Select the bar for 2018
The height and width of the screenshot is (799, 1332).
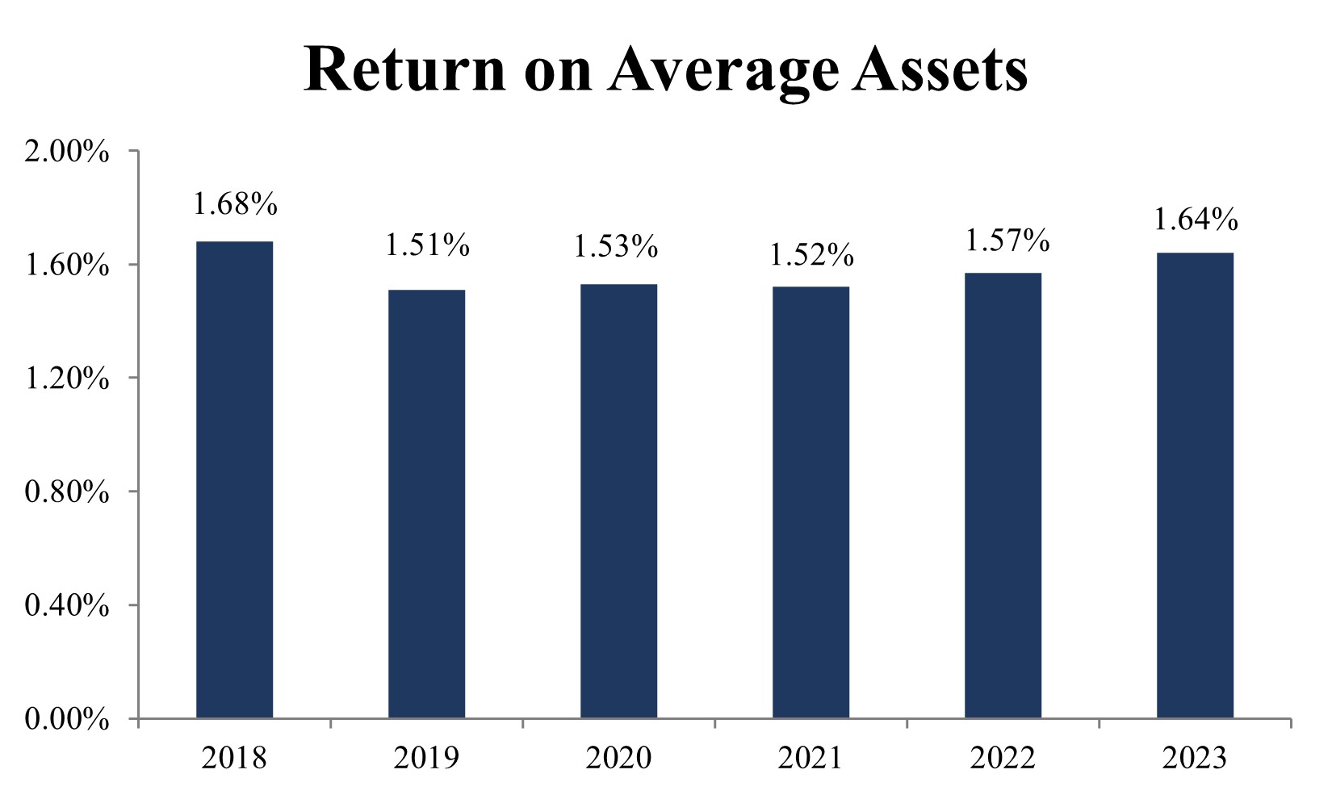pyautogui.click(x=234, y=479)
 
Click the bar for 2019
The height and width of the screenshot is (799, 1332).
pyautogui.click(x=426, y=504)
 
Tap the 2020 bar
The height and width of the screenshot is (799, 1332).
pyautogui.click(x=618, y=500)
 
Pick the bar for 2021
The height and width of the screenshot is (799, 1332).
pyautogui.click(x=811, y=502)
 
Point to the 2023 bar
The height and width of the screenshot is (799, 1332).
pyautogui.click(x=1195, y=485)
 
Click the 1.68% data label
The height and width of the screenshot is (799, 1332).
pyautogui.click(x=235, y=205)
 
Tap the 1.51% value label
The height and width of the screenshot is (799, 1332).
pyautogui.click(x=427, y=245)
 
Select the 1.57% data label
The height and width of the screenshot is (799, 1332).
pyautogui.click(x=1007, y=240)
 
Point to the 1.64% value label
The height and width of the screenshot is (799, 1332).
pyautogui.click(x=1196, y=220)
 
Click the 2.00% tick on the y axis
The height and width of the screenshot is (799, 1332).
pyautogui.click(x=67, y=152)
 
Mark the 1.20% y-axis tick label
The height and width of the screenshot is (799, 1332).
pyautogui.click(x=67, y=379)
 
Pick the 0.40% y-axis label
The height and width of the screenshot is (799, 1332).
pyautogui.click(x=67, y=605)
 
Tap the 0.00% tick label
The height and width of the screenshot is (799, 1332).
pyautogui.click(x=67, y=719)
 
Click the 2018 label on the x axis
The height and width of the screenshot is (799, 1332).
pyautogui.click(x=234, y=758)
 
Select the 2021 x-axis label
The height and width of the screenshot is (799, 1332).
pyautogui.click(x=811, y=758)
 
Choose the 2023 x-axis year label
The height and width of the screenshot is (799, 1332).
pyautogui.click(x=1195, y=758)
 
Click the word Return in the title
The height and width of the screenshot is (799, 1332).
pyautogui.click(x=404, y=69)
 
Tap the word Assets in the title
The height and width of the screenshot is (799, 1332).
pyautogui.click(x=941, y=69)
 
